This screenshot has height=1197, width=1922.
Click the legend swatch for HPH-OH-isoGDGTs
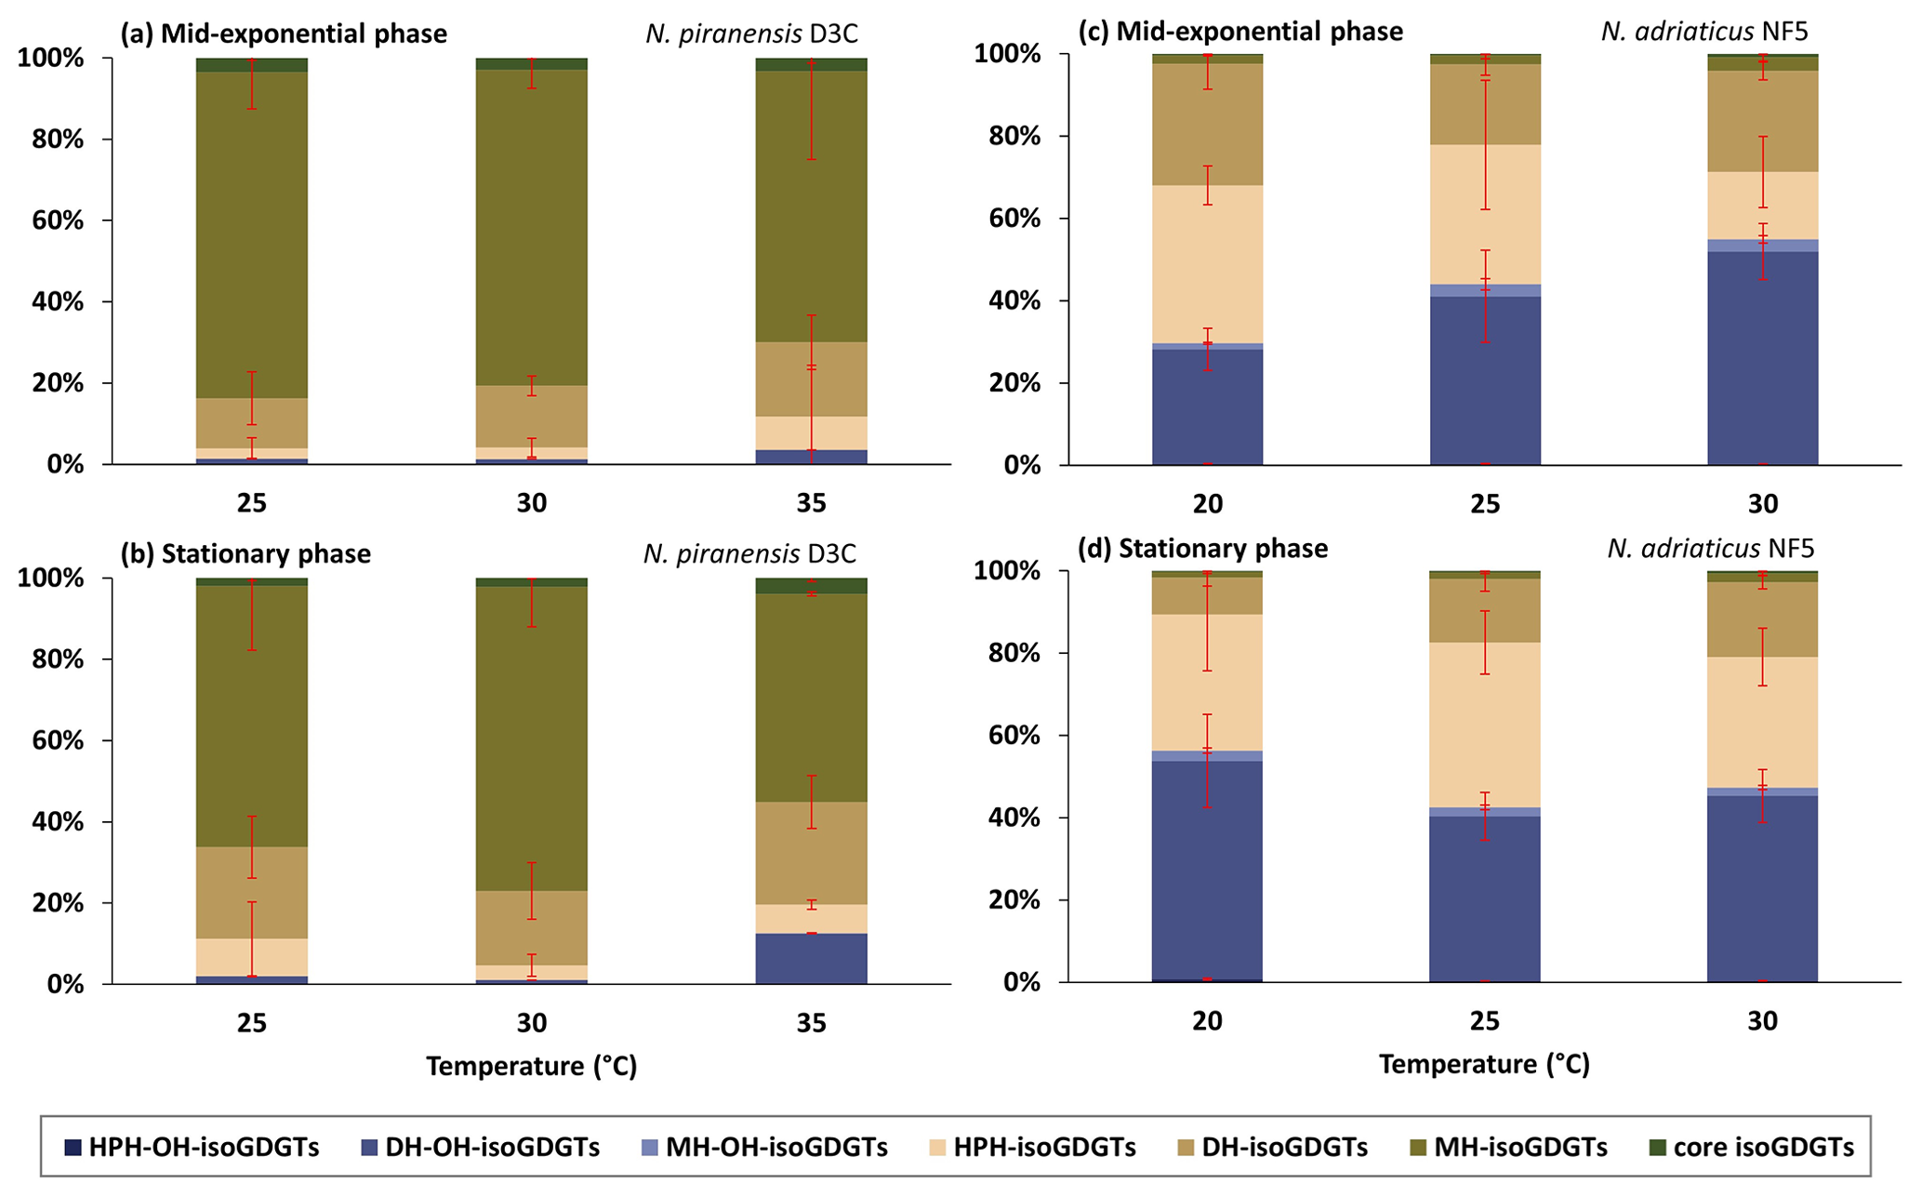[71, 1147]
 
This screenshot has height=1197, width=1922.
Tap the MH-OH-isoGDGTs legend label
[776, 1147]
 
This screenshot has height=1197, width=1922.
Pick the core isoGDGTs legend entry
[1763, 1147]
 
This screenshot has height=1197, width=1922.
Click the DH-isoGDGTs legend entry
[1284, 1147]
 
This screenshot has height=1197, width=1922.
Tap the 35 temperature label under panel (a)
[811, 503]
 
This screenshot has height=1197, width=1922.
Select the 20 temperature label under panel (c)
[1207, 504]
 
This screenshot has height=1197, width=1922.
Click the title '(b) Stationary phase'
[246, 554]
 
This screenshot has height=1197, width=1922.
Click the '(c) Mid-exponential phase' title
[1240, 33]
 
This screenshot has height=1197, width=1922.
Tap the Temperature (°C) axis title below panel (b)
[531, 1066]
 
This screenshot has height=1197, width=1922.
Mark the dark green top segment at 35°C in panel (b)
[811, 586]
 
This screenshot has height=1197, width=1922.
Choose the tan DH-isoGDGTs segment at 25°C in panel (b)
[251, 893]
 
